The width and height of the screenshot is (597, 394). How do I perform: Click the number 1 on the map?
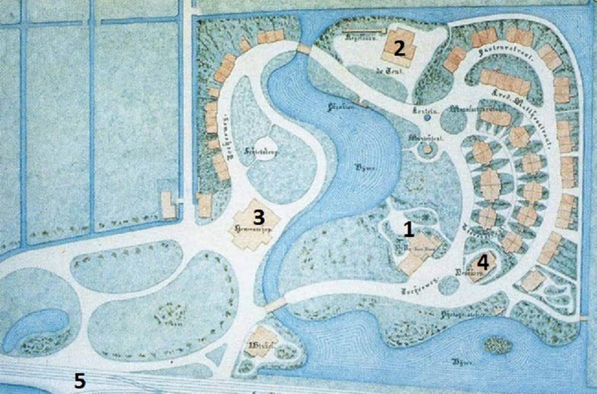408,229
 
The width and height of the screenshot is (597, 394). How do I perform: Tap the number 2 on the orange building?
399,48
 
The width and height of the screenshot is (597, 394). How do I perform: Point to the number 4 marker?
483,263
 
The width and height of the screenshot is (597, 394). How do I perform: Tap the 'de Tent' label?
383,72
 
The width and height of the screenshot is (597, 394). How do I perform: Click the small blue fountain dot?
426,118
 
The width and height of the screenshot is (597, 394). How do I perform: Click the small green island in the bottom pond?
498,345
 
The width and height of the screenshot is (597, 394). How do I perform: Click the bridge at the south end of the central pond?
276,304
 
